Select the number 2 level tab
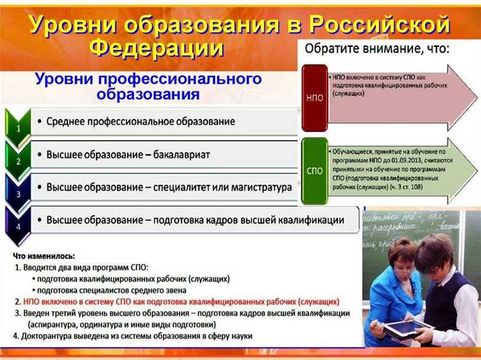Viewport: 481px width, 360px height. tap(19, 161)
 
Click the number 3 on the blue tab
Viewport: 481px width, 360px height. tap(19, 193)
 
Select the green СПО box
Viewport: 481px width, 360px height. tap(314, 170)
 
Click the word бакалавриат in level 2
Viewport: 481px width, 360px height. tap(177, 155)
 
